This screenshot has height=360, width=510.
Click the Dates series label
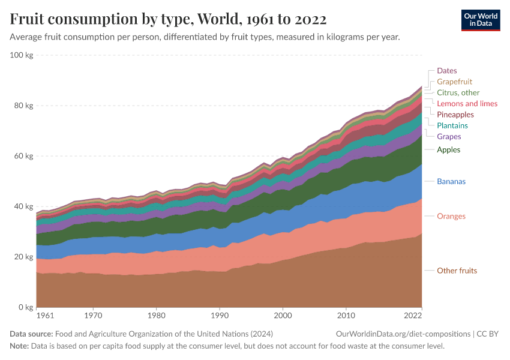click(446, 71)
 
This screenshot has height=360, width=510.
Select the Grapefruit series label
click(454, 82)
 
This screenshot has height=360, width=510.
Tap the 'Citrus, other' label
click(458, 92)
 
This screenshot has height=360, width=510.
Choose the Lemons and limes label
click(467, 104)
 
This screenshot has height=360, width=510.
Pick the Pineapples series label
click(455, 115)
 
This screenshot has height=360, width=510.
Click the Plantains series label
click(452, 125)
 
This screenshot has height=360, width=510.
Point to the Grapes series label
click(449, 137)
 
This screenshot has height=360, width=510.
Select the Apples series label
click(449, 149)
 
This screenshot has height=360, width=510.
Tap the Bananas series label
click(451, 181)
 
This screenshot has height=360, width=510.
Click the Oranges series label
click(451, 216)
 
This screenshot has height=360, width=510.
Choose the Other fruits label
click(457, 271)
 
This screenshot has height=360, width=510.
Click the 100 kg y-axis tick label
click(22, 55)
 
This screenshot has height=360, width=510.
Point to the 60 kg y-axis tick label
click(23, 156)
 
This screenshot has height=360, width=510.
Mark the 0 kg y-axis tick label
click(26, 307)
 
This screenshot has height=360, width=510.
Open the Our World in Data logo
click(480, 20)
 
